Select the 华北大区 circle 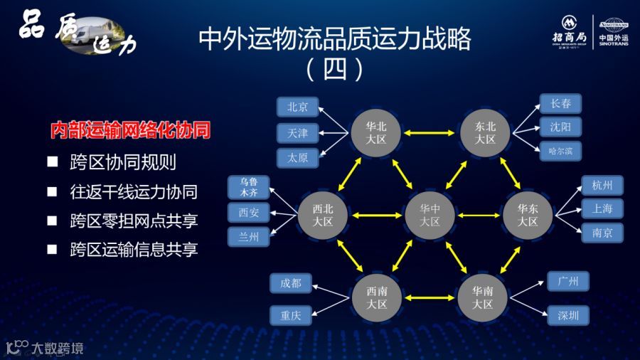pyautogui.click(x=376, y=132)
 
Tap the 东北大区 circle pyautogui.click(x=485, y=132)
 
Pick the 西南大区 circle pyautogui.click(x=376, y=297)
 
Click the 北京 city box pyautogui.click(x=297, y=107)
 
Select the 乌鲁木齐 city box pyautogui.click(x=249, y=187)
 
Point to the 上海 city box pyautogui.click(x=602, y=208)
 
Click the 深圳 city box pyautogui.click(x=569, y=315)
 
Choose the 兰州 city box pyautogui.click(x=249, y=236)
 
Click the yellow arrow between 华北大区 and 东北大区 pyautogui.click(x=430, y=132)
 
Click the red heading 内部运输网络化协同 pyautogui.click(x=130, y=132)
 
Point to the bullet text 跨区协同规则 pyautogui.click(x=123, y=162)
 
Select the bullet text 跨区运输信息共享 pyautogui.click(x=134, y=249)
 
